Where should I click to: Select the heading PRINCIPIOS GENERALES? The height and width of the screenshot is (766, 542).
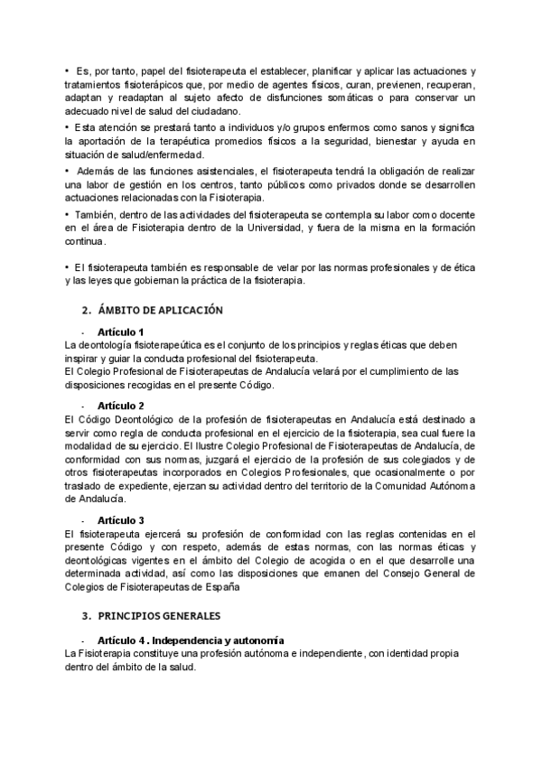159,616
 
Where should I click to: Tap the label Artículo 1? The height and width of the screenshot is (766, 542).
121,332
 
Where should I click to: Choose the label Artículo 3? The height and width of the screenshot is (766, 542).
121,520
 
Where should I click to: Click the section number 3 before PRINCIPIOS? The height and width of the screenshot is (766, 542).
83,616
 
